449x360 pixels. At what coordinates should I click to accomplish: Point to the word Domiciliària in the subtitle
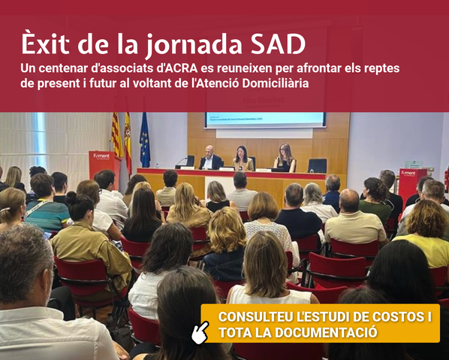[x=276, y=82]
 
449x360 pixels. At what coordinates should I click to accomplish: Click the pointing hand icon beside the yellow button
[x=200, y=331]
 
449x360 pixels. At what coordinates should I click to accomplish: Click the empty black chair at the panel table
[x=318, y=165]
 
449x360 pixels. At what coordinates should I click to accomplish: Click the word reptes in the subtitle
[x=380, y=68]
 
